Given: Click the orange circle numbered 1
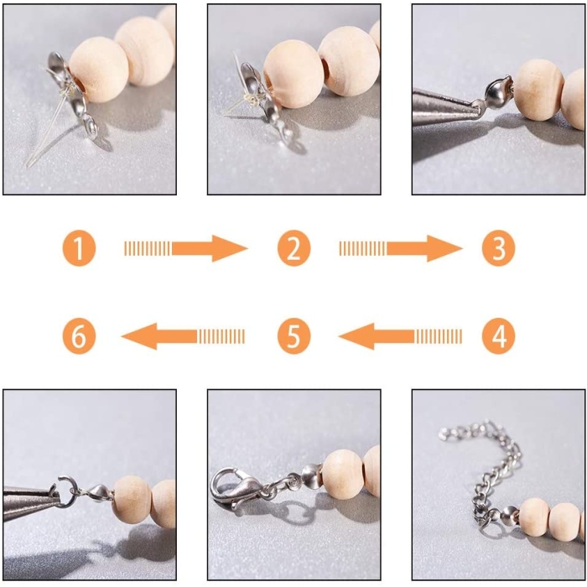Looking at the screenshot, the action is [x=79, y=248].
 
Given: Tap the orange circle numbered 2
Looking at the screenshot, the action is [x=293, y=248].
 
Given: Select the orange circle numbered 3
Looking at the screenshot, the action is [x=498, y=248].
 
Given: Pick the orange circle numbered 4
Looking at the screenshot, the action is [x=498, y=335].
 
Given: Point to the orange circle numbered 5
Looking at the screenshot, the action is [x=293, y=335].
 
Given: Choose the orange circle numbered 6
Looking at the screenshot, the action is [x=79, y=335].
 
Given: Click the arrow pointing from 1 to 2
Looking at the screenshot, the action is [x=185, y=248].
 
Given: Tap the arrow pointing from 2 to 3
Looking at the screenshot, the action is [x=401, y=248].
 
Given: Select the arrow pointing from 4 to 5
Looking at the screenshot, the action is [x=400, y=336].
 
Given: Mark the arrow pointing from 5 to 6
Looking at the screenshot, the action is [x=183, y=336].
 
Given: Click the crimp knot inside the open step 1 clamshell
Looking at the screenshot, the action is [x=66, y=91].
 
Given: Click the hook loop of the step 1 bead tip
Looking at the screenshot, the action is [x=91, y=127].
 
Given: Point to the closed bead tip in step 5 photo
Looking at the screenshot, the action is [x=311, y=475].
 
